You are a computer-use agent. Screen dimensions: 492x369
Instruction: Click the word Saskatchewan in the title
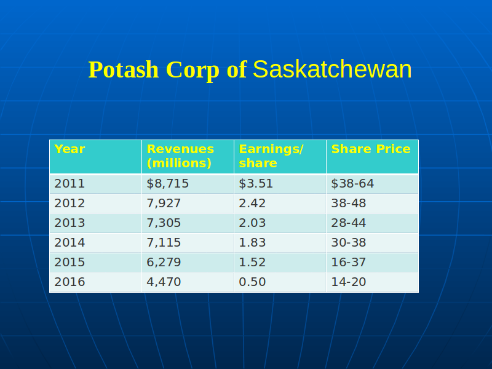332,69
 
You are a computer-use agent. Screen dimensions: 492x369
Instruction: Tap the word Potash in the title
124,69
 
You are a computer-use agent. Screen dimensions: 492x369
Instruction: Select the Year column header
69,149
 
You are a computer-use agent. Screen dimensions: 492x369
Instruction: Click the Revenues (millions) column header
180,156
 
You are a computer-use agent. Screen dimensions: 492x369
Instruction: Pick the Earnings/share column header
271,156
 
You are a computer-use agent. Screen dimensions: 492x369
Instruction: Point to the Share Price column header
371,149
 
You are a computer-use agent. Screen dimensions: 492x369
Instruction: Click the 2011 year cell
69,183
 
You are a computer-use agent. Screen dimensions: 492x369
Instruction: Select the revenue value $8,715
167,183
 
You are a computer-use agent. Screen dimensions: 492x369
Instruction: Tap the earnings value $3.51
256,183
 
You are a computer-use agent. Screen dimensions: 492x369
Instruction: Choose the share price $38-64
352,183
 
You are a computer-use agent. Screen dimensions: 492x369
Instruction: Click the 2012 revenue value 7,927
164,204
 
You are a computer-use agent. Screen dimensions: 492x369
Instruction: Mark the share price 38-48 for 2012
348,204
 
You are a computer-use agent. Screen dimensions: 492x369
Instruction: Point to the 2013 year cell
69,223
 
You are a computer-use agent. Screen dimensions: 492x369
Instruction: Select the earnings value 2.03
252,223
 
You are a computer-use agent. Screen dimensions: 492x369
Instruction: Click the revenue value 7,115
164,242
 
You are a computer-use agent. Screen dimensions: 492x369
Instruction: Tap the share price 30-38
348,242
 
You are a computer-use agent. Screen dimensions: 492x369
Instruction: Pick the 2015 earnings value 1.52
252,263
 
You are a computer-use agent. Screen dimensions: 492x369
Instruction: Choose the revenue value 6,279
164,263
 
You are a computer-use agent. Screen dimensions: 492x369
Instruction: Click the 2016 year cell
69,282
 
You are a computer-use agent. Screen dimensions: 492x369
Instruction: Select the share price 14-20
348,282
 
